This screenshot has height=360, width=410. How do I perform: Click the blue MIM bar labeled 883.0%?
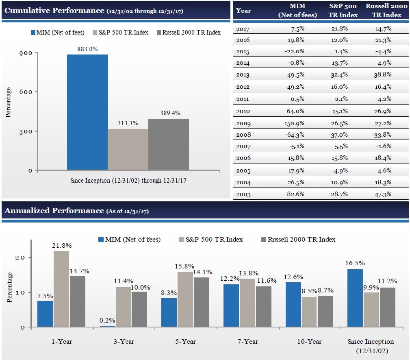87,112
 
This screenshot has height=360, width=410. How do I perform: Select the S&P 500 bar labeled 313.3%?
128,149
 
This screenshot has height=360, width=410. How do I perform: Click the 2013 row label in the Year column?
243,75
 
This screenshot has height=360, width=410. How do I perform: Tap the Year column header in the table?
243,11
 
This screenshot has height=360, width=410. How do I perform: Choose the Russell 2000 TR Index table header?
386,11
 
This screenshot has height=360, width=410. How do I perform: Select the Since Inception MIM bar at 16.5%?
355,298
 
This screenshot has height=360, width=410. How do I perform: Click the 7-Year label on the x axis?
247,341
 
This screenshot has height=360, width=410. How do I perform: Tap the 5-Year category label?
185,341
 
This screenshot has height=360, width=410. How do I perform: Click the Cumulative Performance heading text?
54,10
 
